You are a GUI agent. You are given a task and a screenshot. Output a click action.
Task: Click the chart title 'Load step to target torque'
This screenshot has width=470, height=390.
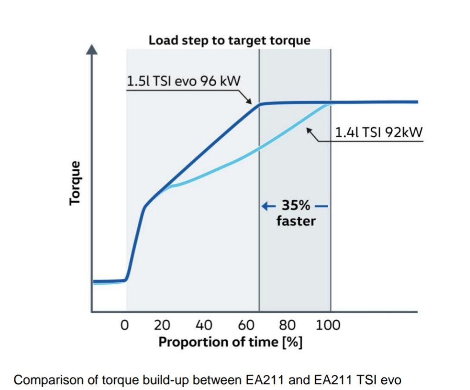(230, 40)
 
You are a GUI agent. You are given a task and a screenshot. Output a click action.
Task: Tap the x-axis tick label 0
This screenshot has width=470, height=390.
(125, 325)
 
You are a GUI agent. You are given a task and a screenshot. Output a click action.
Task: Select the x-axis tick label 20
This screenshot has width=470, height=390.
(163, 325)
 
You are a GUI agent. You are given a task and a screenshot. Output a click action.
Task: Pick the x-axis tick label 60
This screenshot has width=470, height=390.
(246, 325)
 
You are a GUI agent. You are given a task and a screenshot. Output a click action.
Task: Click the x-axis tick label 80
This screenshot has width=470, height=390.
(287, 325)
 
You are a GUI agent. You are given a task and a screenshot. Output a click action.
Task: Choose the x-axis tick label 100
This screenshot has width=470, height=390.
(328, 325)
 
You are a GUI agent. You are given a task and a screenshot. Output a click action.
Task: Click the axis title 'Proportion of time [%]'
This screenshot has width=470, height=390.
(230, 342)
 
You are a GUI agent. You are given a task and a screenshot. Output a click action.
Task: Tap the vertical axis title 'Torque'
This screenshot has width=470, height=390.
(74, 183)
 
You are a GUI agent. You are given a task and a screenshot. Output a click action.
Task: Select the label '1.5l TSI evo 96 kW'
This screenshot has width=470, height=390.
(184, 81)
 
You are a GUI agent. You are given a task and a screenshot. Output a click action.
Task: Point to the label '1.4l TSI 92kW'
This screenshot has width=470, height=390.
(378, 132)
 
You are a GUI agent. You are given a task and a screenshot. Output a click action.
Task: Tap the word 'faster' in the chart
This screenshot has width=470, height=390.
(296, 221)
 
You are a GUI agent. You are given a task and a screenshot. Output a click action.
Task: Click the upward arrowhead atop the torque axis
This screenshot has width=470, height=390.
(93, 49)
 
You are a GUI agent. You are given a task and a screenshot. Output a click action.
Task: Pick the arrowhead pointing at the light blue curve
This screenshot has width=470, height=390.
(309, 129)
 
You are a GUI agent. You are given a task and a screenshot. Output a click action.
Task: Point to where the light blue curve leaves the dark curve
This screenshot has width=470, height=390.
(167, 187)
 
